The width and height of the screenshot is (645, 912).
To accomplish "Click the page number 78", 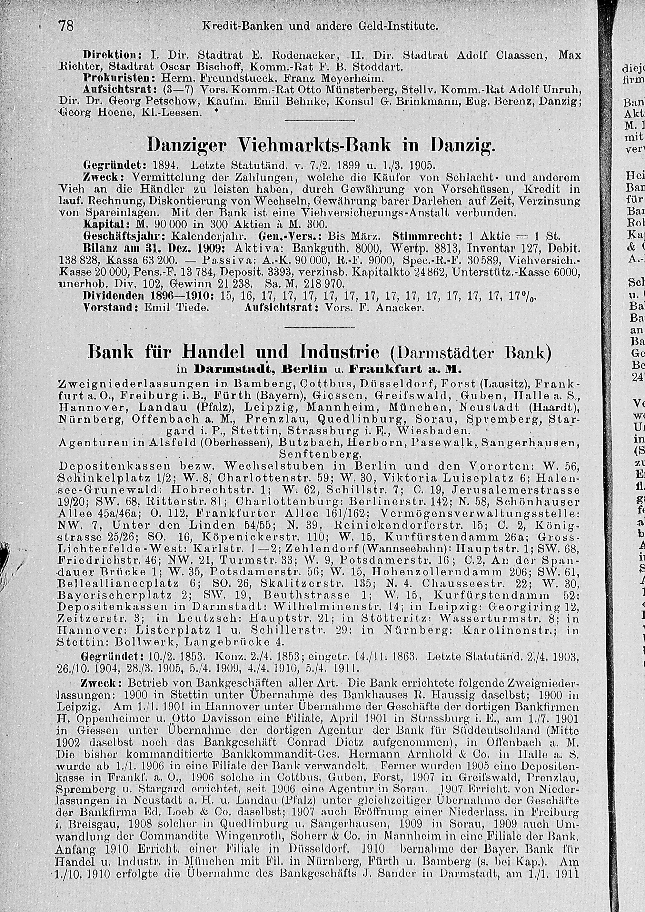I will tap(66, 26).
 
